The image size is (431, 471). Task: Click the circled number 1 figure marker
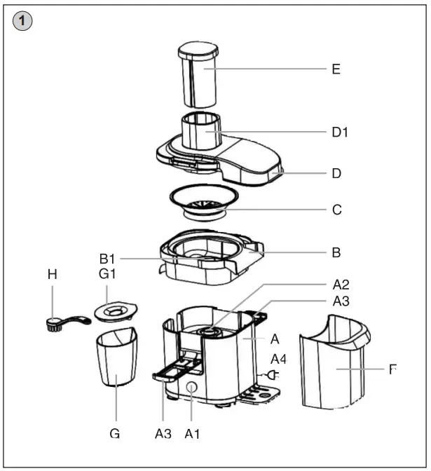coord(23,22)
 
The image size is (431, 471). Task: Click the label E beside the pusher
coord(336,69)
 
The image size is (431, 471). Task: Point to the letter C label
coord(336,209)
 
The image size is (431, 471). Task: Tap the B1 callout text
coord(108,259)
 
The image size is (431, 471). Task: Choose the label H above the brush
coord(52,274)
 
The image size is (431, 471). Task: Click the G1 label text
coord(107,274)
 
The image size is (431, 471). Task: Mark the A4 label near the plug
coord(279,358)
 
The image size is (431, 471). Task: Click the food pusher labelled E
coord(198,74)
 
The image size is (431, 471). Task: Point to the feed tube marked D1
coord(202,131)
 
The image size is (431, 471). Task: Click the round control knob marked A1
coord(191,389)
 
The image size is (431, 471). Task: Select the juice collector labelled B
coord(210,259)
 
